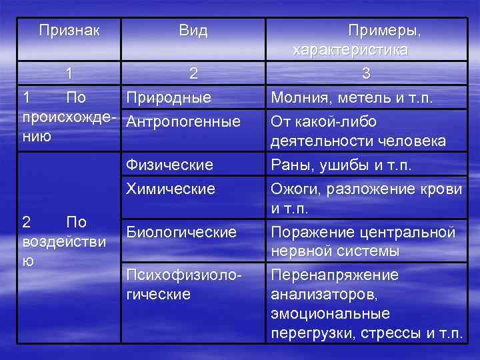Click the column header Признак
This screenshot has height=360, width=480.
[x=69, y=31]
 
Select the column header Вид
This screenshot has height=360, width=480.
[x=193, y=31]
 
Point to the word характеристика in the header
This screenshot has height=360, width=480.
[x=351, y=50]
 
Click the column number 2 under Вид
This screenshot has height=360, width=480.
[x=193, y=74]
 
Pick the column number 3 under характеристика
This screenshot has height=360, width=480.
[x=365, y=74]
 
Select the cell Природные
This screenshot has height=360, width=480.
[x=169, y=98]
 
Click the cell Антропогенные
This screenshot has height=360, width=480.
[x=183, y=121]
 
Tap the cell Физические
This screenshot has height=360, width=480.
[x=169, y=164]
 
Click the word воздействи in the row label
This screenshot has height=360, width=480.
[x=64, y=241]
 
